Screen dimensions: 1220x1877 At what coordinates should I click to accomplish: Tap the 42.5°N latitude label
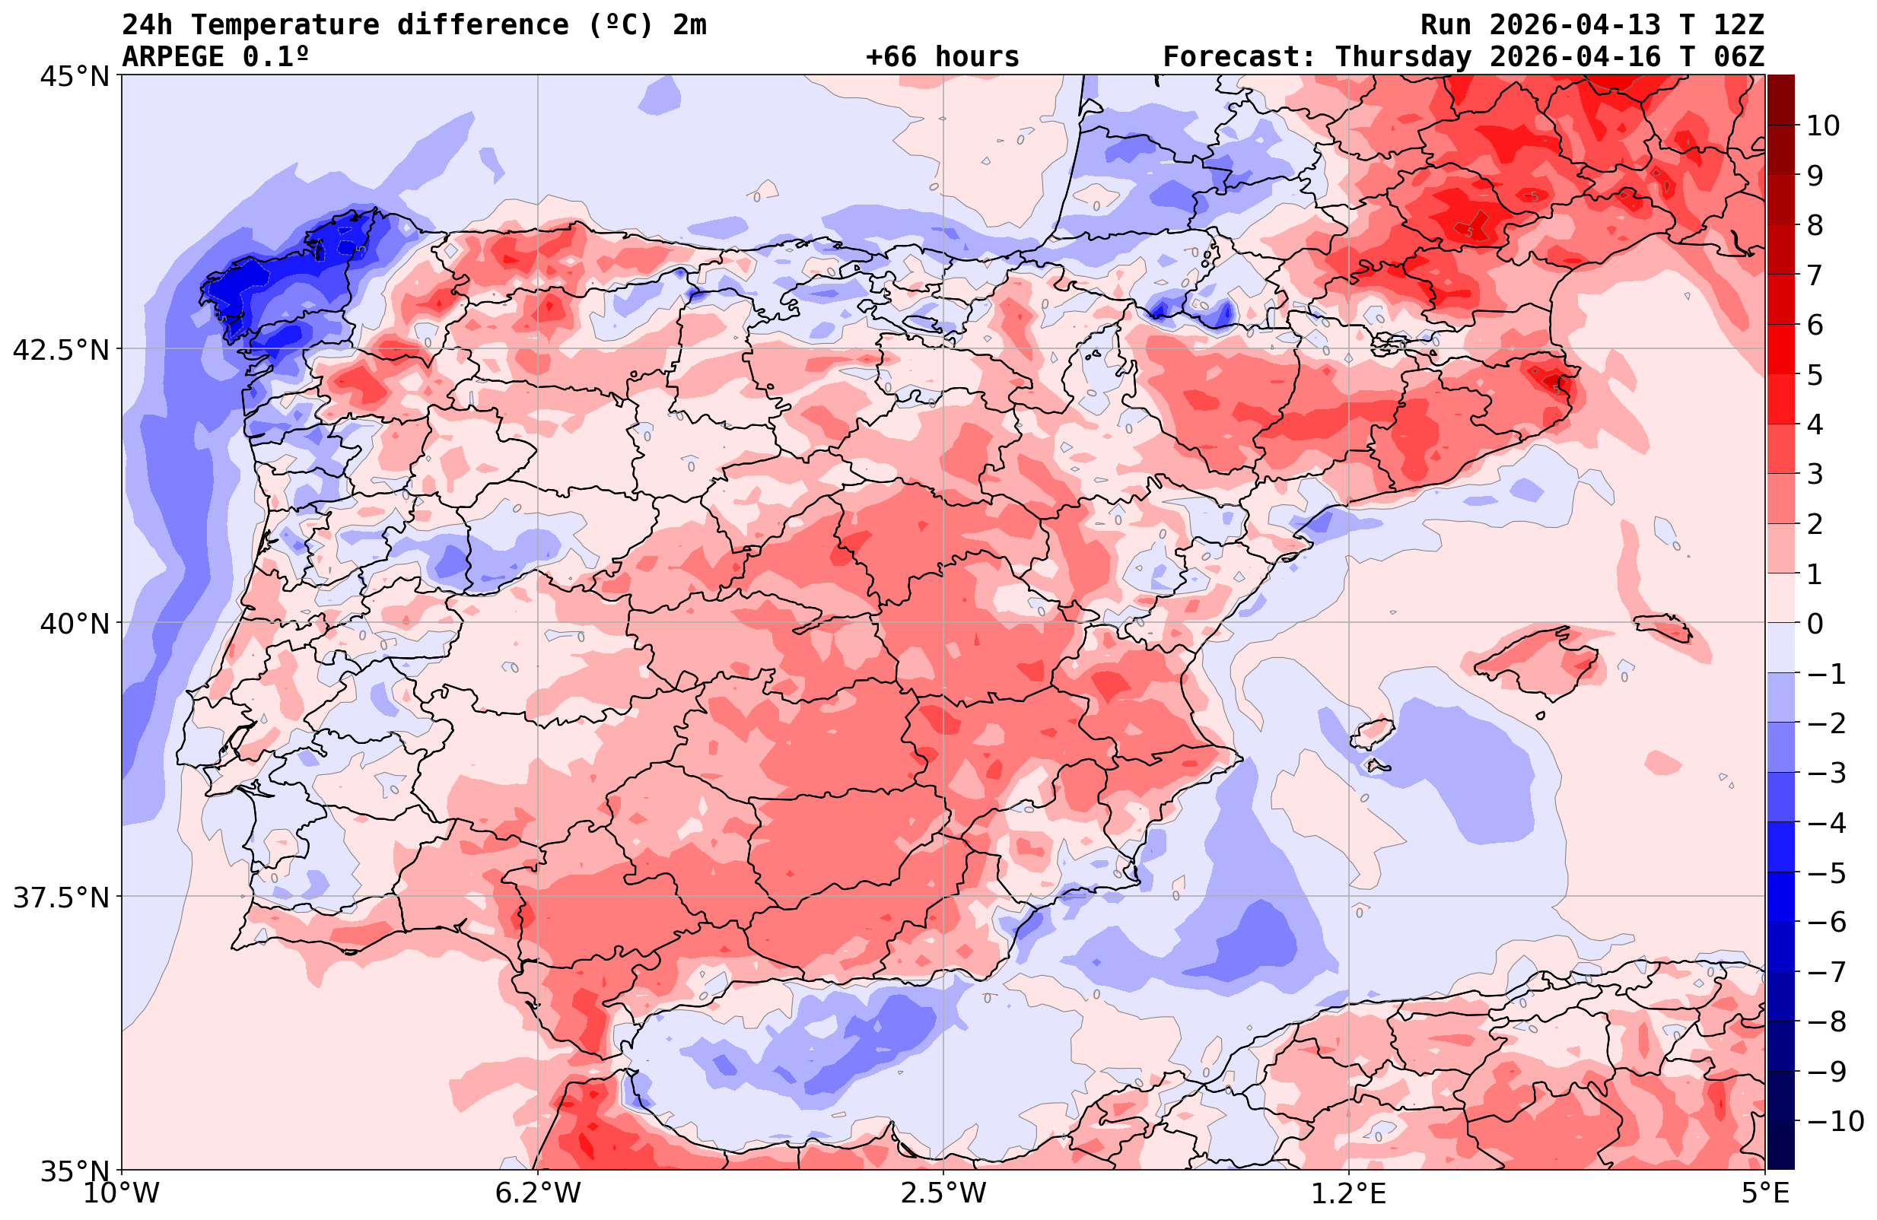61,350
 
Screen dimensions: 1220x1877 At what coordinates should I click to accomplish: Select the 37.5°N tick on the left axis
61,898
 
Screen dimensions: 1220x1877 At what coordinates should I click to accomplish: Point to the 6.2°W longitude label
538,1193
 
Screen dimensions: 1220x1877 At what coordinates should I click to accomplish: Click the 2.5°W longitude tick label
943,1193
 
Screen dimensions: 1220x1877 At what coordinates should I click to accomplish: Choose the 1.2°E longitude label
1349,1193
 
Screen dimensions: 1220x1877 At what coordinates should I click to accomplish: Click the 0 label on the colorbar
1815,624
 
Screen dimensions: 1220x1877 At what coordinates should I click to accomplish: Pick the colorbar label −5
1825,873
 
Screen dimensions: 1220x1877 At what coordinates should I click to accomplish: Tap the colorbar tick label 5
1815,375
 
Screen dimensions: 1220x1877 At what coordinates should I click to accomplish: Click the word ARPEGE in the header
173,57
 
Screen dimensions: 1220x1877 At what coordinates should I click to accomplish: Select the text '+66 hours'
943,57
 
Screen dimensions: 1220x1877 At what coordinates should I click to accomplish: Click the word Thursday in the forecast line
1403,57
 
